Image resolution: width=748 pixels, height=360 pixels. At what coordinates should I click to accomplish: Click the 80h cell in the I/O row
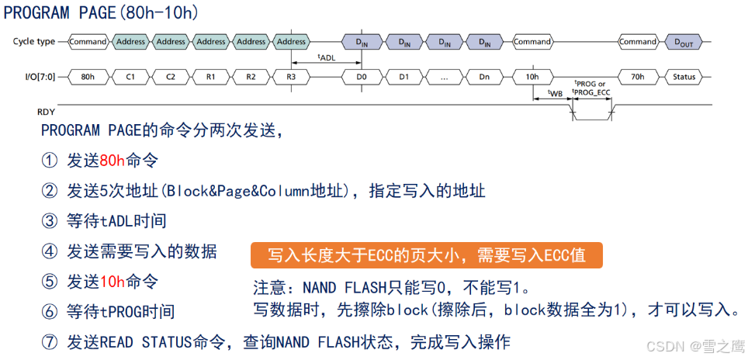(88, 77)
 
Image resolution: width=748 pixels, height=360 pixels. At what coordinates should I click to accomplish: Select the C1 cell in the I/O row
(130, 77)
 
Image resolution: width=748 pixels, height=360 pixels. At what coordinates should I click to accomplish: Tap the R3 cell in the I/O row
(291, 77)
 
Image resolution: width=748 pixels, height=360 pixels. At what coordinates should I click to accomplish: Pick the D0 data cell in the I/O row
(362, 77)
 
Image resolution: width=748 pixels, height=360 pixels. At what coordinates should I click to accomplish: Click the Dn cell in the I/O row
(483, 77)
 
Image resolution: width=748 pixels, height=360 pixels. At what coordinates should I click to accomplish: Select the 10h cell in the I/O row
(532, 77)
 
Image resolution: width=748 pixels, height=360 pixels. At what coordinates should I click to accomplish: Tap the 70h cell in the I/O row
(637, 77)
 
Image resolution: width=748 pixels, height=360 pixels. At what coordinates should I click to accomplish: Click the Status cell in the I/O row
(684, 77)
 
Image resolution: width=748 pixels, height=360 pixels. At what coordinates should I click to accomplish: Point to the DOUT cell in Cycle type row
(684, 42)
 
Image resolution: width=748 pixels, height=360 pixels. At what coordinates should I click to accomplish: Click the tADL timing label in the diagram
(327, 57)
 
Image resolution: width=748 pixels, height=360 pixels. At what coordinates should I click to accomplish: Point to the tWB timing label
(555, 93)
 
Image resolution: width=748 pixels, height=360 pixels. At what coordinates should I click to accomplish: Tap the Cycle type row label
(33, 42)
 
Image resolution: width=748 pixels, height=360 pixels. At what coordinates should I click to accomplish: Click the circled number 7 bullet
(50, 342)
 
